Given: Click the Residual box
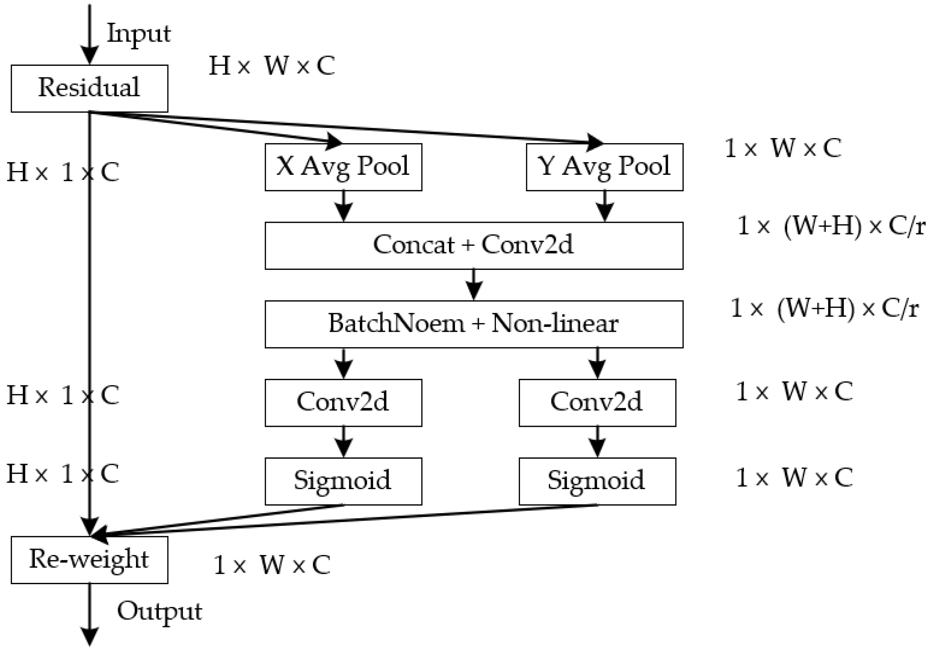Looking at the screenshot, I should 89,88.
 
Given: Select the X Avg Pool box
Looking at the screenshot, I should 343,167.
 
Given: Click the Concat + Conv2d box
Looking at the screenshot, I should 474,245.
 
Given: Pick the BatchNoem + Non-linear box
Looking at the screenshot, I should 474,324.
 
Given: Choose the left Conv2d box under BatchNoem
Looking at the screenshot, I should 343,403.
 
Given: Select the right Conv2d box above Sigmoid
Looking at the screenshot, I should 597,403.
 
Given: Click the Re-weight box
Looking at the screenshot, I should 89,560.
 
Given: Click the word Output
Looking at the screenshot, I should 159,611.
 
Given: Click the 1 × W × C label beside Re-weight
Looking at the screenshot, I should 272,564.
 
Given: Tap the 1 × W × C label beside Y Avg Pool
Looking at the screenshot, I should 782,148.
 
